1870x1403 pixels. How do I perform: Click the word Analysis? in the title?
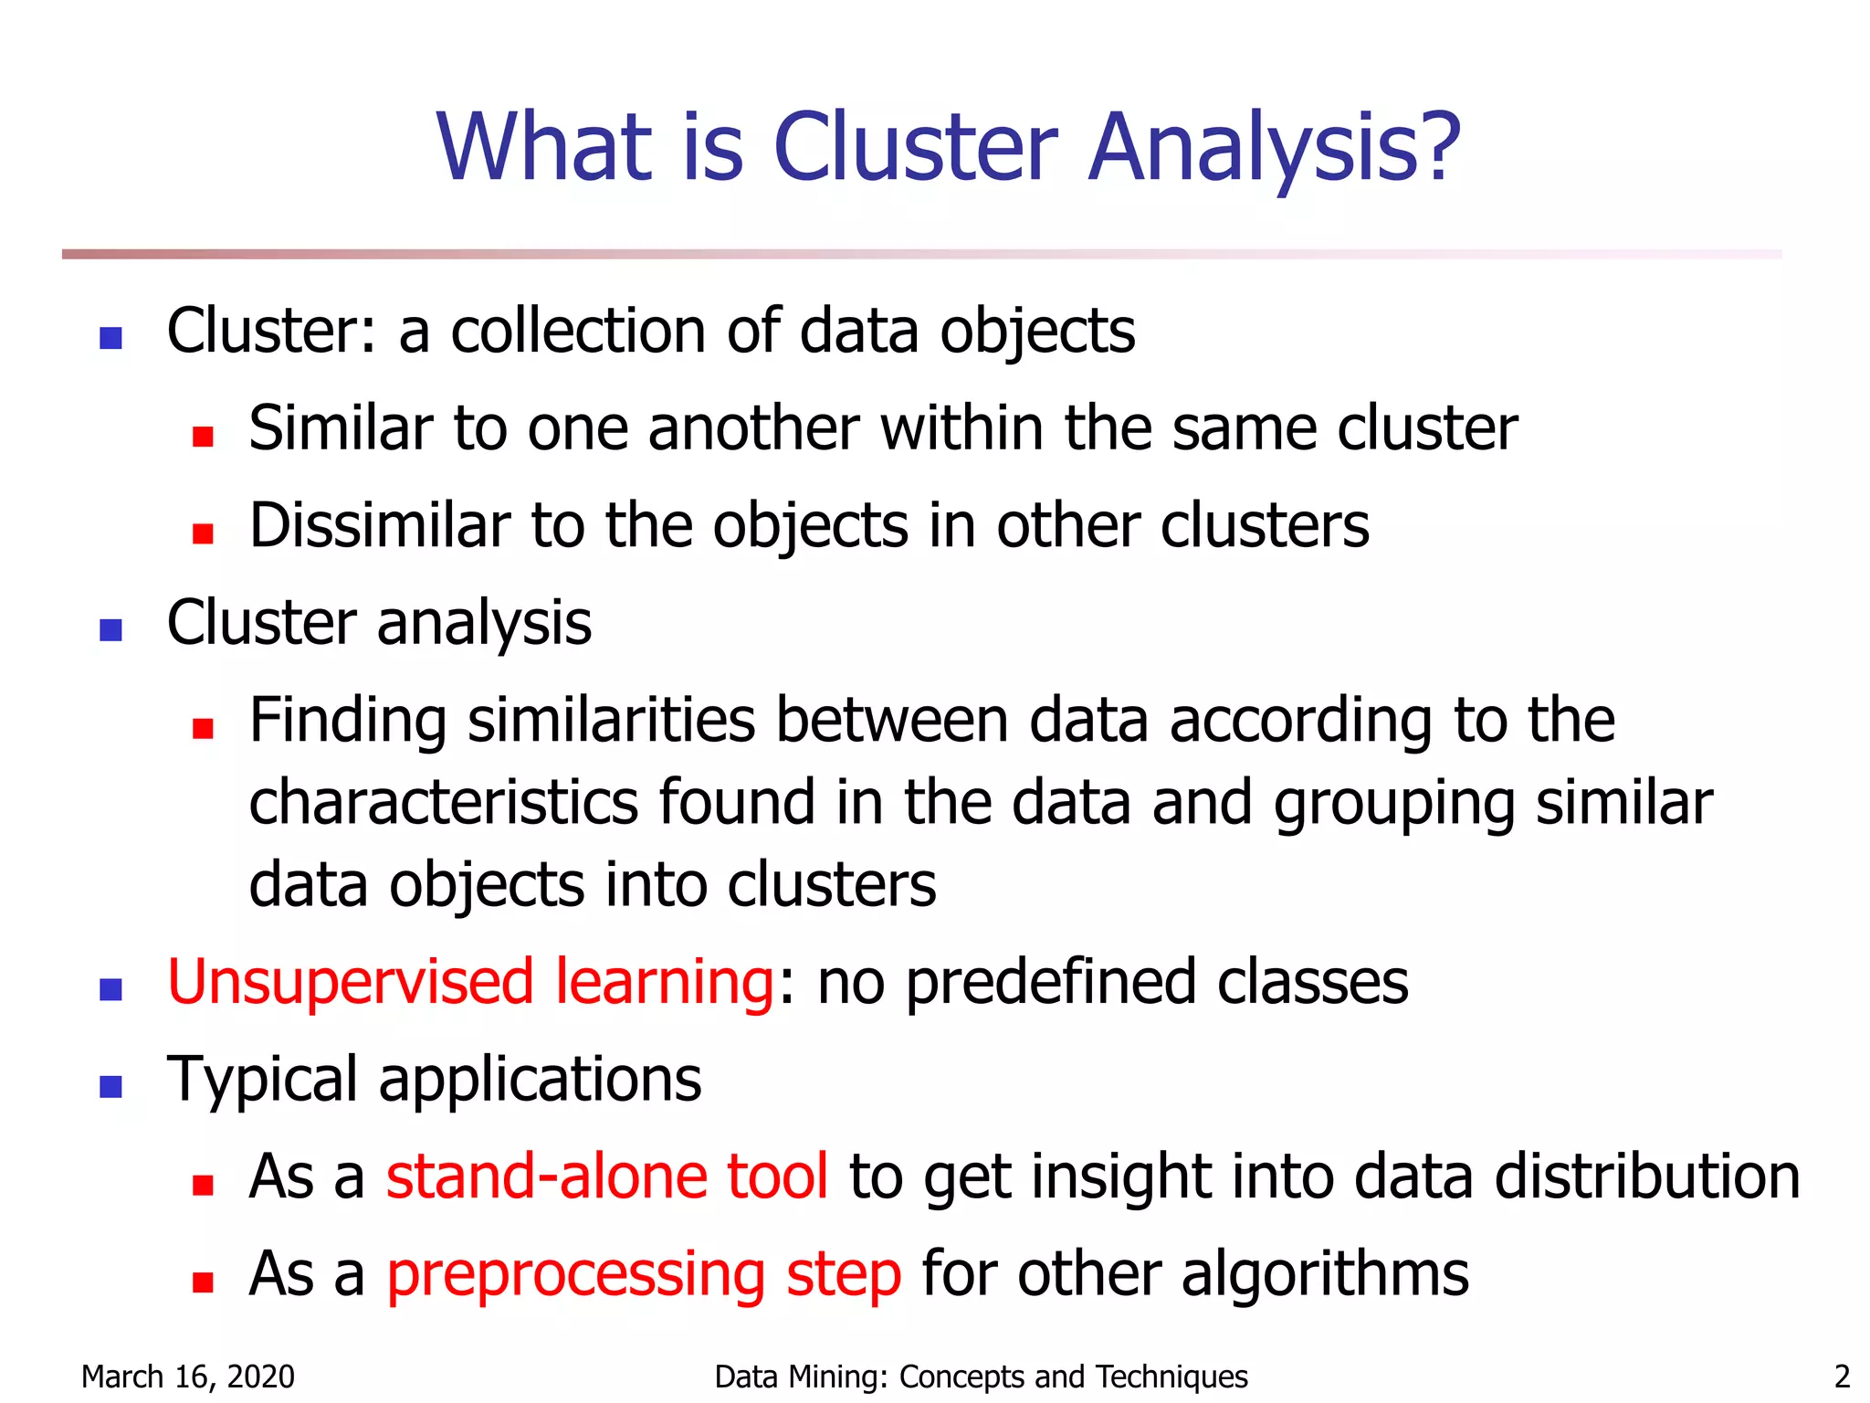pos(1275,148)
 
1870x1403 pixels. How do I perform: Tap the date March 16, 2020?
pos(188,1376)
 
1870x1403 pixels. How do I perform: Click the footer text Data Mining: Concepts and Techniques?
pos(981,1376)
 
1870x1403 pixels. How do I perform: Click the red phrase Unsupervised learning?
pos(471,983)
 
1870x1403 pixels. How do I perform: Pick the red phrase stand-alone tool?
pos(607,1176)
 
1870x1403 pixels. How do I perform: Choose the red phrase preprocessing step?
pos(644,1275)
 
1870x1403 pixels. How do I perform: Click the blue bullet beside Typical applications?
pos(111,1086)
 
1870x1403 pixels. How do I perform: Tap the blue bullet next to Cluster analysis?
pos(111,630)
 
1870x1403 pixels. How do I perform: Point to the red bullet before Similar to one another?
pos(203,436)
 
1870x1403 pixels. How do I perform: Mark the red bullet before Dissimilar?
pos(203,533)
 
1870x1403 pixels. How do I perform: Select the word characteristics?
pos(444,802)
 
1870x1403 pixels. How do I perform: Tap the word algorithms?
pos(1325,1273)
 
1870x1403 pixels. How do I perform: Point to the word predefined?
pos(1051,983)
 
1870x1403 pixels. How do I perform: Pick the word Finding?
pos(348,720)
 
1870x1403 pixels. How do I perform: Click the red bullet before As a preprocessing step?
pos(203,1282)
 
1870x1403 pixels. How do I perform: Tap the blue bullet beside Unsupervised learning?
pos(111,989)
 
